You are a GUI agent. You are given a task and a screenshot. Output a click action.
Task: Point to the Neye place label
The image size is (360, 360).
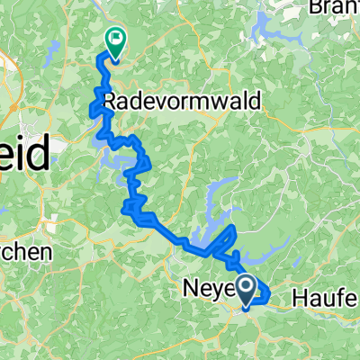pyautogui.click(x=211, y=291)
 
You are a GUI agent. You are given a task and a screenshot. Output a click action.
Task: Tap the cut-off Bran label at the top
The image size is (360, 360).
pyautogui.click(x=333, y=7)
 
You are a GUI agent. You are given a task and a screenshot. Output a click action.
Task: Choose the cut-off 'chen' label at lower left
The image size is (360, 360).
pyautogui.click(x=22, y=254)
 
